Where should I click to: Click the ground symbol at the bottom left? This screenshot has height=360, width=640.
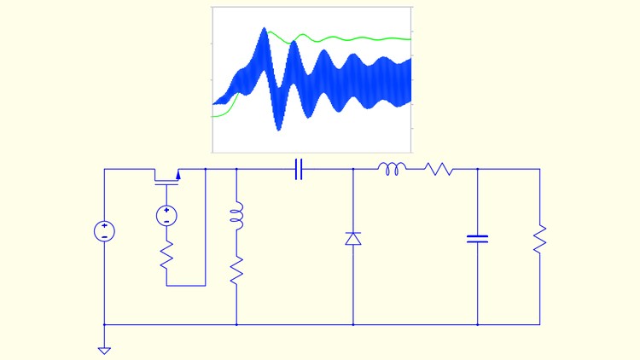point(104,349)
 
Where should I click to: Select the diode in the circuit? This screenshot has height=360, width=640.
point(353,238)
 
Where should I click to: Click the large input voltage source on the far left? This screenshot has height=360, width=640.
point(104,231)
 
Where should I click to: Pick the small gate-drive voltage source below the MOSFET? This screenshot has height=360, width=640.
point(166,216)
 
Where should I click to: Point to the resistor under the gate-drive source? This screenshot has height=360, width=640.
point(166,255)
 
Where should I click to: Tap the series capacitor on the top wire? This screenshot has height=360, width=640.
point(299,170)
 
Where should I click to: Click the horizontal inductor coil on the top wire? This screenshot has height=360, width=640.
point(393,169)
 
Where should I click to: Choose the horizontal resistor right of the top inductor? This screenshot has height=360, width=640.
point(440,170)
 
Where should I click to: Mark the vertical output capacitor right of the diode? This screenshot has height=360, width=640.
point(477,238)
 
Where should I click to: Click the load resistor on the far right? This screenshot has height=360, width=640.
point(539,238)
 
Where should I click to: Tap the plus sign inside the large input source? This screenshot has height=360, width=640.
point(104,226)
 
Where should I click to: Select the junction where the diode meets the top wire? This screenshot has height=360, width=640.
point(353,170)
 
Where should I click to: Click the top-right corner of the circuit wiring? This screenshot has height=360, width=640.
point(539,170)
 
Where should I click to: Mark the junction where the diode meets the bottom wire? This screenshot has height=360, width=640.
point(353,324)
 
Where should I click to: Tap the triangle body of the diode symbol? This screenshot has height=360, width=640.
point(353,240)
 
